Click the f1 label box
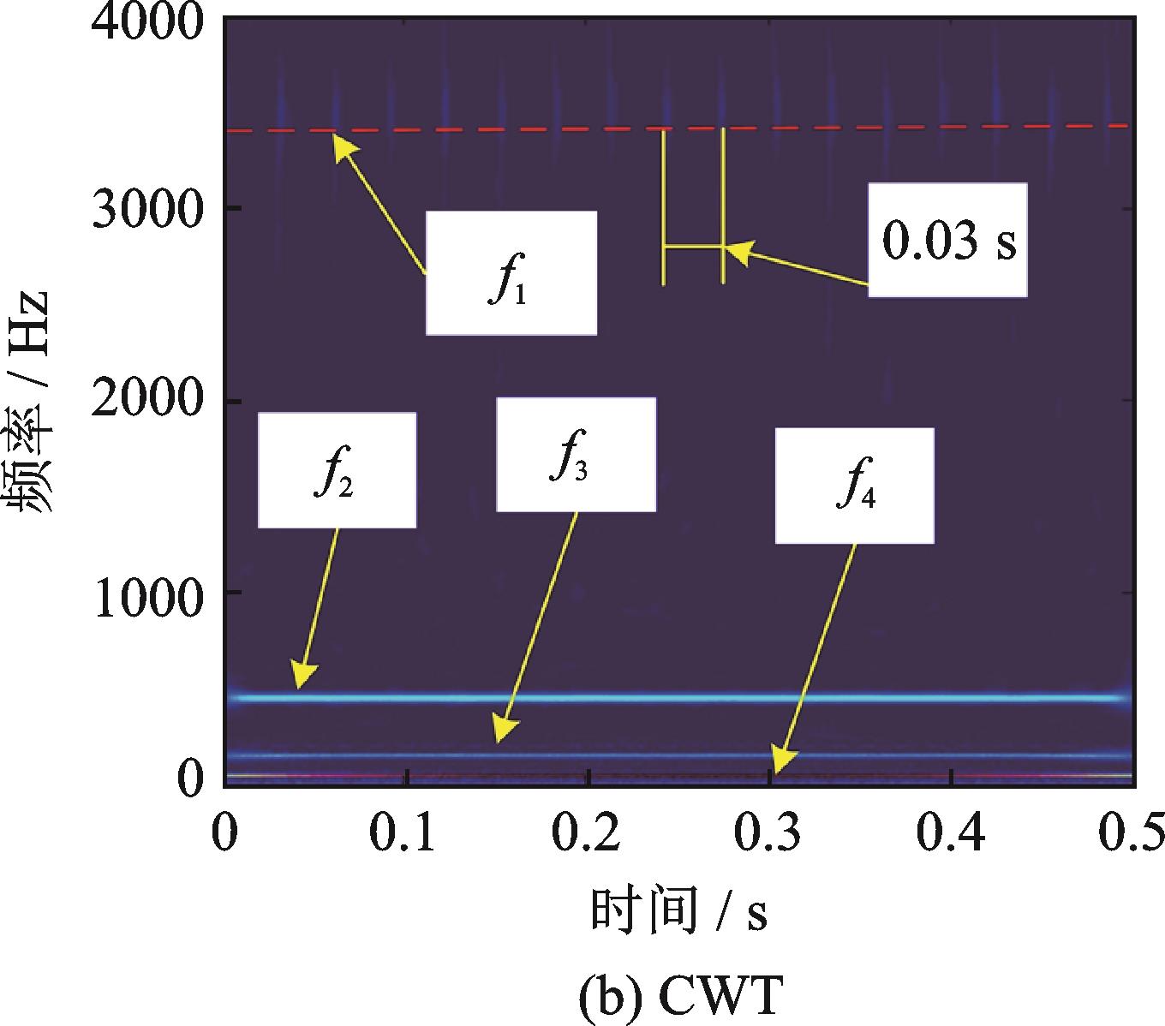click(511, 272)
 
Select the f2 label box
click(337, 469)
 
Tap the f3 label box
click(577, 454)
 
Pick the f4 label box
click(855, 485)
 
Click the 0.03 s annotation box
click(947, 240)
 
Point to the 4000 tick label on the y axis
click(148, 21)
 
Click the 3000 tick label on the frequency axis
click(148, 209)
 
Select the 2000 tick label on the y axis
click(148, 400)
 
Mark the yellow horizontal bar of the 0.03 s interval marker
click(694, 248)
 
